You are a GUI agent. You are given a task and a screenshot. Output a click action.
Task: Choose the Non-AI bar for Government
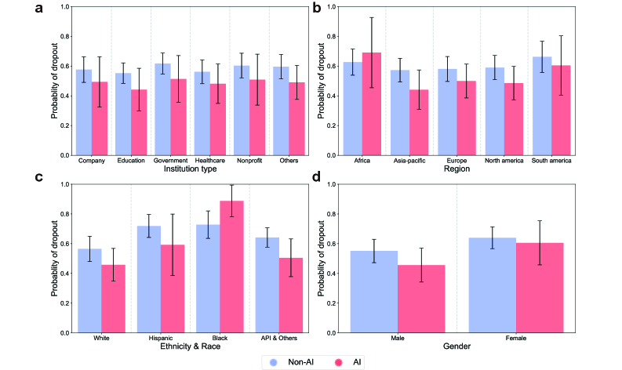(162, 109)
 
